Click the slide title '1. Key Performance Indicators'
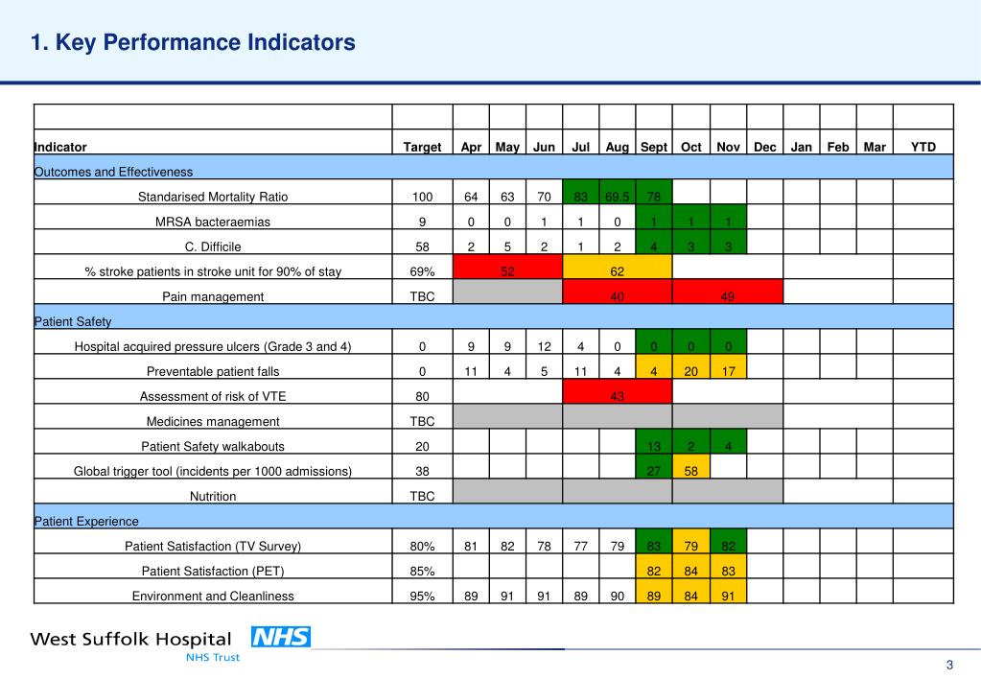point(193,42)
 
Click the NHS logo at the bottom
point(280,637)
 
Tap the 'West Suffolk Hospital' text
point(130,639)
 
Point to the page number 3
point(949,667)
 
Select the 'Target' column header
point(422,147)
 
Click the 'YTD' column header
point(923,147)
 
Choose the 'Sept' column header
point(653,147)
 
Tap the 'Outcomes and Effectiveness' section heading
point(113,172)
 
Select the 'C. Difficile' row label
point(213,246)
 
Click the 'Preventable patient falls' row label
point(213,371)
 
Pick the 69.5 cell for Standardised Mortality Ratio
point(617,197)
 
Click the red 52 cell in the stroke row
point(507,271)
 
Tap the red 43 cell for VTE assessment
point(617,396)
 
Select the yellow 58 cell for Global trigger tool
point(690,471)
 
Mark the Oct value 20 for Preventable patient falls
point(690,371)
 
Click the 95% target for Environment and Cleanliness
point(422,596)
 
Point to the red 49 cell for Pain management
point(727,296)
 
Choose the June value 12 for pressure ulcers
point(544,346)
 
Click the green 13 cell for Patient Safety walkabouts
point(653,446)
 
